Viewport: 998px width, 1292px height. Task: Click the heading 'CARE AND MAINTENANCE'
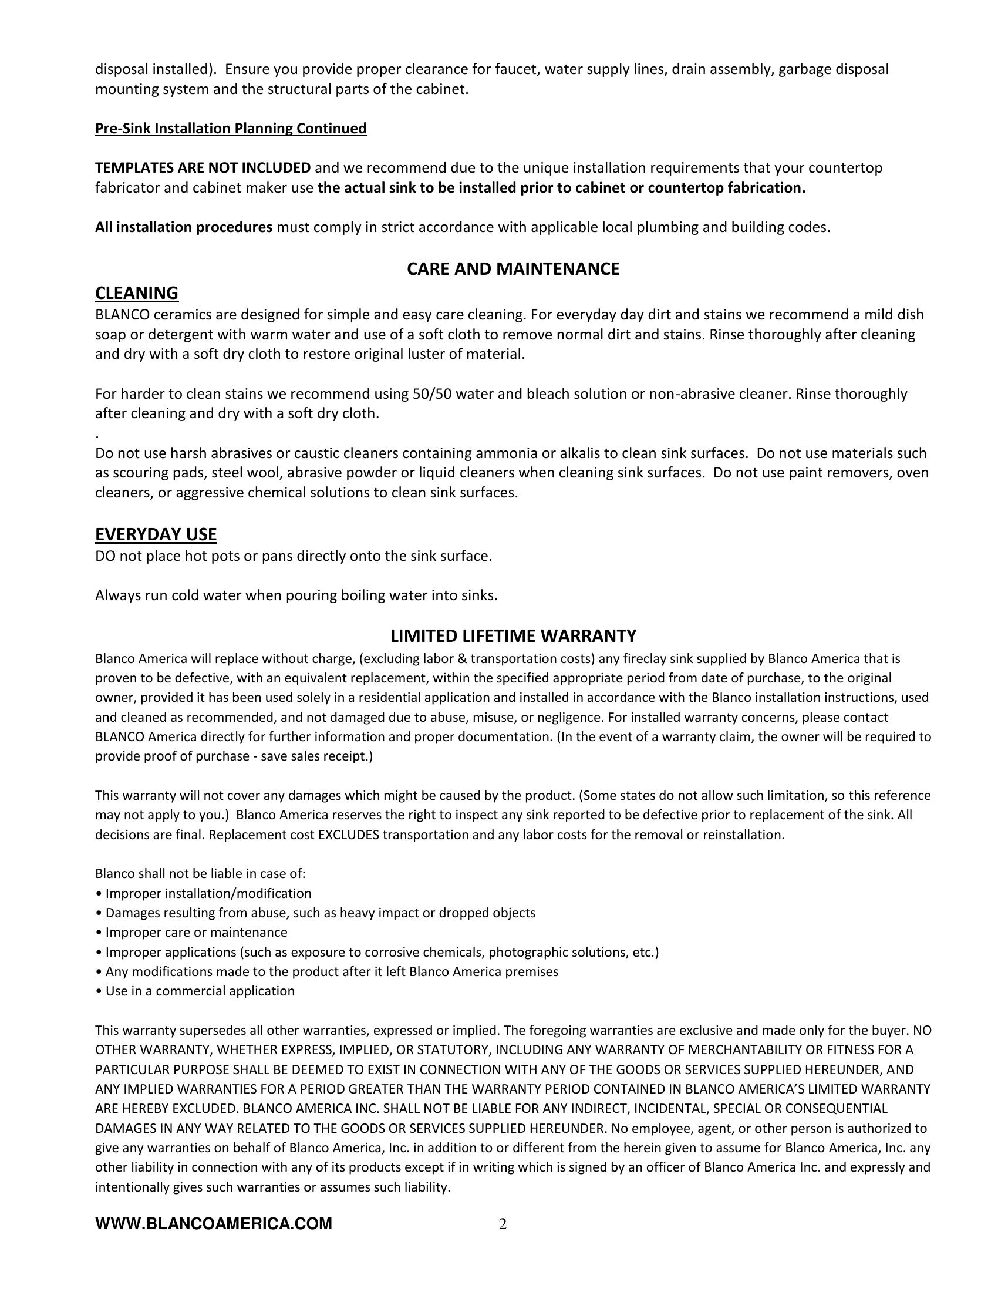click(513, 269)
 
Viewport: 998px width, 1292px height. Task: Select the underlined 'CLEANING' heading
click(137, 293)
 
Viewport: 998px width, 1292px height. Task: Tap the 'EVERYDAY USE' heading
click(156, 535)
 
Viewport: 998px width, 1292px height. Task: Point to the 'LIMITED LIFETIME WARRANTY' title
click(513, 636)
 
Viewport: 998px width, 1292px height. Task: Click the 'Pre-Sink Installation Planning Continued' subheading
click(231, 129)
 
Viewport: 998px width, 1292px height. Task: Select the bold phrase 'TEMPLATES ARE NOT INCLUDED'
click(203, 168)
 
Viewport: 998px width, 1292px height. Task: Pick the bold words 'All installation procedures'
click(184, 227)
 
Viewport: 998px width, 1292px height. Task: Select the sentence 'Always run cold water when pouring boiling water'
click(296, 595)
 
